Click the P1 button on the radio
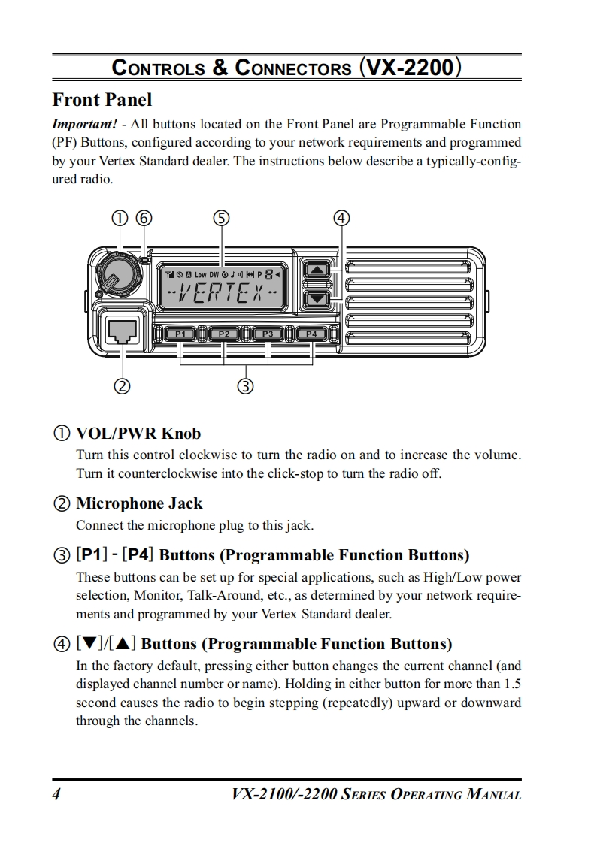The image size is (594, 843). pos(180,334)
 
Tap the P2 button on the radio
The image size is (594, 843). pos(224,334)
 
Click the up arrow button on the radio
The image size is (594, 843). pos(318,270)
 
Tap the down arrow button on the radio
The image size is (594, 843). pos(318,298)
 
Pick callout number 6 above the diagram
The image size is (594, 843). pos(144,218)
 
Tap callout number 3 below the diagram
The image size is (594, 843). pos(245,387)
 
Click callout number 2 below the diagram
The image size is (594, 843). pos(120,387)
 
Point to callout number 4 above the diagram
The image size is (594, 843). pos(341,218)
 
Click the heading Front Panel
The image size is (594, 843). pos(102,100)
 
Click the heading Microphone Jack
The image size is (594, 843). pos(139,503)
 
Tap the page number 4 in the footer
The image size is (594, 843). pos(56,794)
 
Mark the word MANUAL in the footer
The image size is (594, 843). pos(493,795)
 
